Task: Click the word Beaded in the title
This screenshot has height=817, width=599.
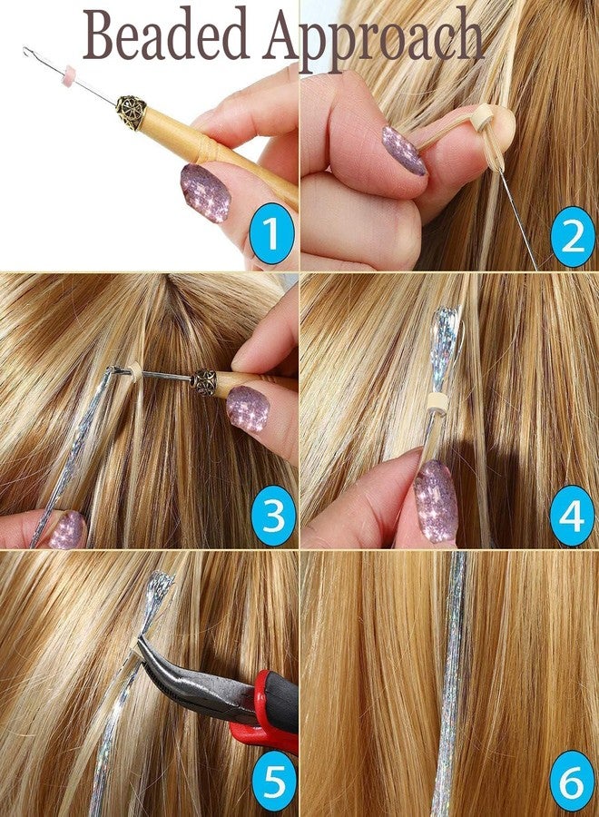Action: [x=166, y=34]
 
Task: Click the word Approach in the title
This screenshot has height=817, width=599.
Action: [x=373, y=38]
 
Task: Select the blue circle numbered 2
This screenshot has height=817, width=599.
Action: [x=572, y=237]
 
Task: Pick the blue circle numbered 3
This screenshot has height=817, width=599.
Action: [x=273, y=516]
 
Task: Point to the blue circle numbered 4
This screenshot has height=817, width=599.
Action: [x=572, y=516]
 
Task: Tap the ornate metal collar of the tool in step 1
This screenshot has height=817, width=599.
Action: [x=131, y=112]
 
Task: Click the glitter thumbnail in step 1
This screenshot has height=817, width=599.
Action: [x=206, y=192]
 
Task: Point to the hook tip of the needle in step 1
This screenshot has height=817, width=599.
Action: [x=27, y=50]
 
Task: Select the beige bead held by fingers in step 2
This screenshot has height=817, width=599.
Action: [x=483, y=115]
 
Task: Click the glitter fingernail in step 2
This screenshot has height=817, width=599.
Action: [x=404, y=150]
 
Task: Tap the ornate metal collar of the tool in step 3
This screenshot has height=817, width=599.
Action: [x=203, y=382]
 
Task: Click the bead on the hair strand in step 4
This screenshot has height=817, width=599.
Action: [x=436, y=403]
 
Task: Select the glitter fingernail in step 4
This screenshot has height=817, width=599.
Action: [x=436, y=500]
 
